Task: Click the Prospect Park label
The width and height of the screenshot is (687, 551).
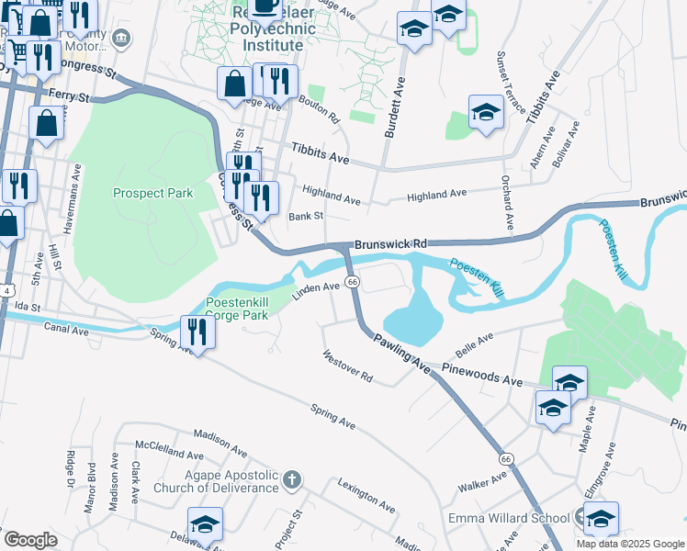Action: point(153,193)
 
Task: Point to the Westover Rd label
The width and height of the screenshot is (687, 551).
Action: point(347,365)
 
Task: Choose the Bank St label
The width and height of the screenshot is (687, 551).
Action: point(306,217)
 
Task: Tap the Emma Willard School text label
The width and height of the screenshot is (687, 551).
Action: point(508,519)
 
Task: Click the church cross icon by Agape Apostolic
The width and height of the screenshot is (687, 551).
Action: point(291,479)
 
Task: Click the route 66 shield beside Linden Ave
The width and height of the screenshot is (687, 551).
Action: point(352,281)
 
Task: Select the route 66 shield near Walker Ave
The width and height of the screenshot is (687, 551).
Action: point(505,457)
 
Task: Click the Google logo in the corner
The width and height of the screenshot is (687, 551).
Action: point(30,540)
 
